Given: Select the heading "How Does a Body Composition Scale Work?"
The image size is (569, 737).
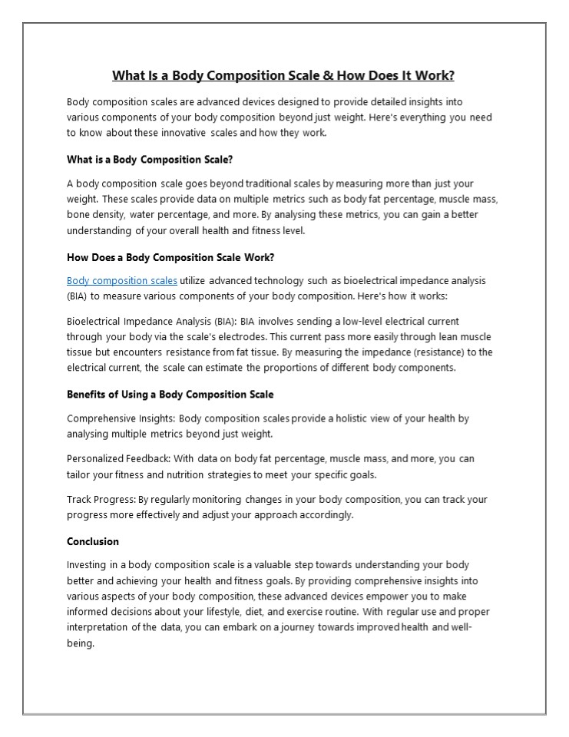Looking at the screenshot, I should click(166, 257).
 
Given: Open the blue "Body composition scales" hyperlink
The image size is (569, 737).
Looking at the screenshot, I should click(122, 280).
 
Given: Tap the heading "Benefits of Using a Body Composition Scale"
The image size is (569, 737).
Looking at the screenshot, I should click(170, 394).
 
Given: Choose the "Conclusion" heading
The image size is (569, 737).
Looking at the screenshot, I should click(93, 541).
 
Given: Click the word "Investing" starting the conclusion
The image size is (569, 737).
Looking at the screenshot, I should click(87, 565).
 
